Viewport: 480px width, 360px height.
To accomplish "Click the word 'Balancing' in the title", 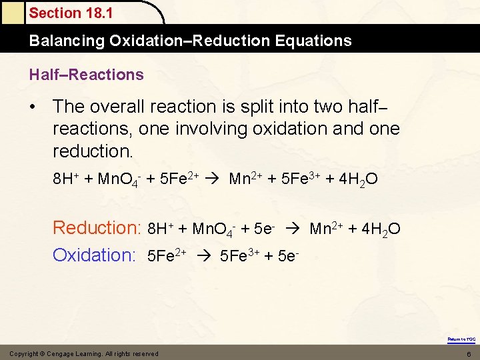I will tap(66, 41).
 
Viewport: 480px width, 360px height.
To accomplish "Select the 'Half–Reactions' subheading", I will tap(86, 75).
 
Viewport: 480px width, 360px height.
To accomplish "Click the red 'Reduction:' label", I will tap(97, 228).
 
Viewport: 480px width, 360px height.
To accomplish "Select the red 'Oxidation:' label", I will tap(94, 255).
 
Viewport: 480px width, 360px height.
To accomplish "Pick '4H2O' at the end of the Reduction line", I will tap(380, 230).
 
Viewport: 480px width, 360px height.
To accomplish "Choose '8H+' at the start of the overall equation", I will tap(67, 179).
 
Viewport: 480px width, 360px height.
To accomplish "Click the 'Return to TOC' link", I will tap(461, 339).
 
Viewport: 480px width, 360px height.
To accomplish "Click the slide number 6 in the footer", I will tap(469, 353).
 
